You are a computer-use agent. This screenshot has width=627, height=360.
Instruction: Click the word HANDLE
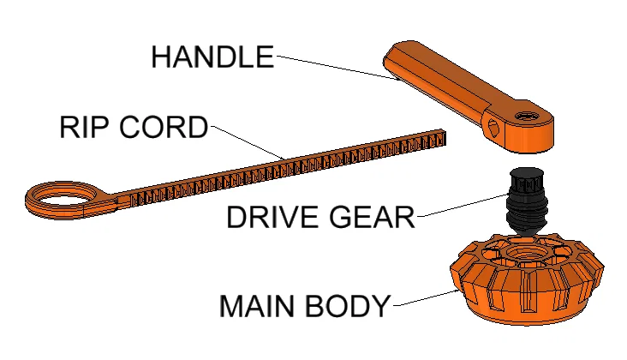[212, 57]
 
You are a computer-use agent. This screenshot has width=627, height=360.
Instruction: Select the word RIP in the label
[84, 127]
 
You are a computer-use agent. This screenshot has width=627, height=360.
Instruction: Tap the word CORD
[164, 127]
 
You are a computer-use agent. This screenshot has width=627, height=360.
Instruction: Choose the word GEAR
[372, 217]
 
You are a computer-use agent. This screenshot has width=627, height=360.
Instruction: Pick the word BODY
[347, 306]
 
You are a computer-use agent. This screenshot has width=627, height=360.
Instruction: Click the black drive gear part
[525, 201]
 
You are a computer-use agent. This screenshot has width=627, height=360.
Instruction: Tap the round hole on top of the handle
[527, 117]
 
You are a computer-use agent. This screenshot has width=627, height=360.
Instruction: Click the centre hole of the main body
[524, 252]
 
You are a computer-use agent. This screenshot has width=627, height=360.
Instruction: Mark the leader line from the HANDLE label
[337, 68]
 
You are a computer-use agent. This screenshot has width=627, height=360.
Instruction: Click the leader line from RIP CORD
[248, 143]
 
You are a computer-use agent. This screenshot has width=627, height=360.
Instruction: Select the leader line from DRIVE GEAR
[463, 205]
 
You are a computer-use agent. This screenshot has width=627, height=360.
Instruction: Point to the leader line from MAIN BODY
[427, 298]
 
